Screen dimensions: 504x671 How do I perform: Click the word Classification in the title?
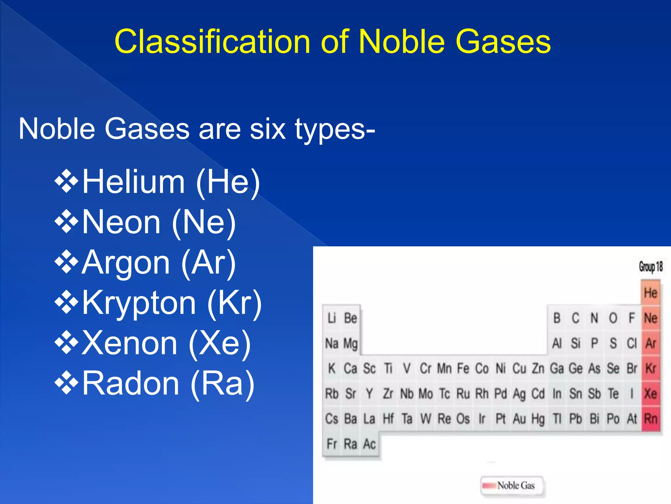pyautogui.click(x=212, y=42)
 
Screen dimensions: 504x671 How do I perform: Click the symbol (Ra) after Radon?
pyautogui.click(x=223, y=383)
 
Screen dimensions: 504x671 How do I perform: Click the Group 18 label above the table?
pyautogui.click(x=651, y=266)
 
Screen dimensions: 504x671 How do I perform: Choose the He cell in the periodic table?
pyautogui.click(x=650, y=293)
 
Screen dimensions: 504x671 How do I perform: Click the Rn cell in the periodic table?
pyautogui.click(x=651, y=419)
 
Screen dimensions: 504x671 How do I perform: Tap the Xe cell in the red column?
pyautogui.click(x=651, y=393)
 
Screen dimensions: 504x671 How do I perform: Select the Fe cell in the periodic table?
pyautogui.click(x=463, y=368)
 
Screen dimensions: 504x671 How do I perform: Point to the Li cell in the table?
pyautogui.click(x=332, y=318)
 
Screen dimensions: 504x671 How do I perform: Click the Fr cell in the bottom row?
pyautogui.click(x=332, y=444)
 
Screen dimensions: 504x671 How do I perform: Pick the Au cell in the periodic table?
pyautogui.click(x=519, y=419)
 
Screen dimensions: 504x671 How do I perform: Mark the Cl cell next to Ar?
pyautogui.click(x=632, y=343)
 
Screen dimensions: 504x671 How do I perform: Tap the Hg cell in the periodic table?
pyautogui.click(x=538, y=419)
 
